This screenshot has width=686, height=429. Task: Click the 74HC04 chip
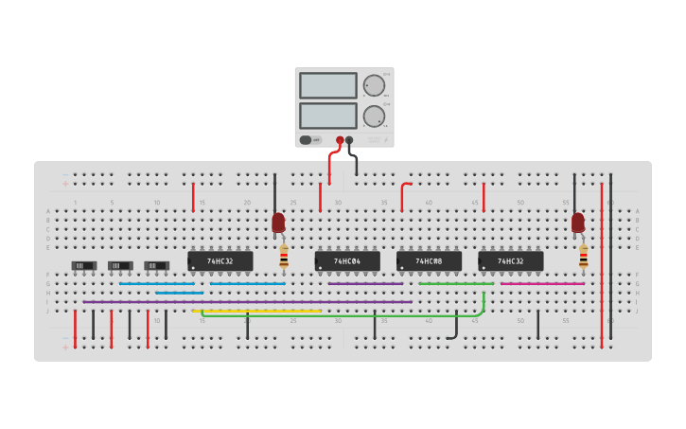click(347, 260)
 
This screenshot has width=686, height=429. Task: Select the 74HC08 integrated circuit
click(429, 260)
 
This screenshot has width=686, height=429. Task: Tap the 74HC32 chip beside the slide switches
click(220, 260)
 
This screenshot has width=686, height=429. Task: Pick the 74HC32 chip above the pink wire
click(510, 260)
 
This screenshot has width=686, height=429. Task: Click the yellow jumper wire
click(255, 311)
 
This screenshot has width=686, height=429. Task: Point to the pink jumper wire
click(541, 283)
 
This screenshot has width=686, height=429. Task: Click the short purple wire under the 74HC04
click(365, 283)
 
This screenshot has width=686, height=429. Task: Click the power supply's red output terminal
click(340, 140)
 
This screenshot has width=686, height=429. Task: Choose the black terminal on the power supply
click(349, 140)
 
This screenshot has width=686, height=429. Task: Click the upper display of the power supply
click(327, 85)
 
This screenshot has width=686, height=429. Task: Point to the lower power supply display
click(327, 116)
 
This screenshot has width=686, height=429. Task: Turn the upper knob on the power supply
click(375, 85)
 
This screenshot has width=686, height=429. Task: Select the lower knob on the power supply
click(374, 116)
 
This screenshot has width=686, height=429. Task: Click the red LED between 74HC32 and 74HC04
click(278, 223)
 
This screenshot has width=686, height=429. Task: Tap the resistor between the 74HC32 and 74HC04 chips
click(284, 256)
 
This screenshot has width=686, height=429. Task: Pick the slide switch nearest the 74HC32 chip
click(156, 266)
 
